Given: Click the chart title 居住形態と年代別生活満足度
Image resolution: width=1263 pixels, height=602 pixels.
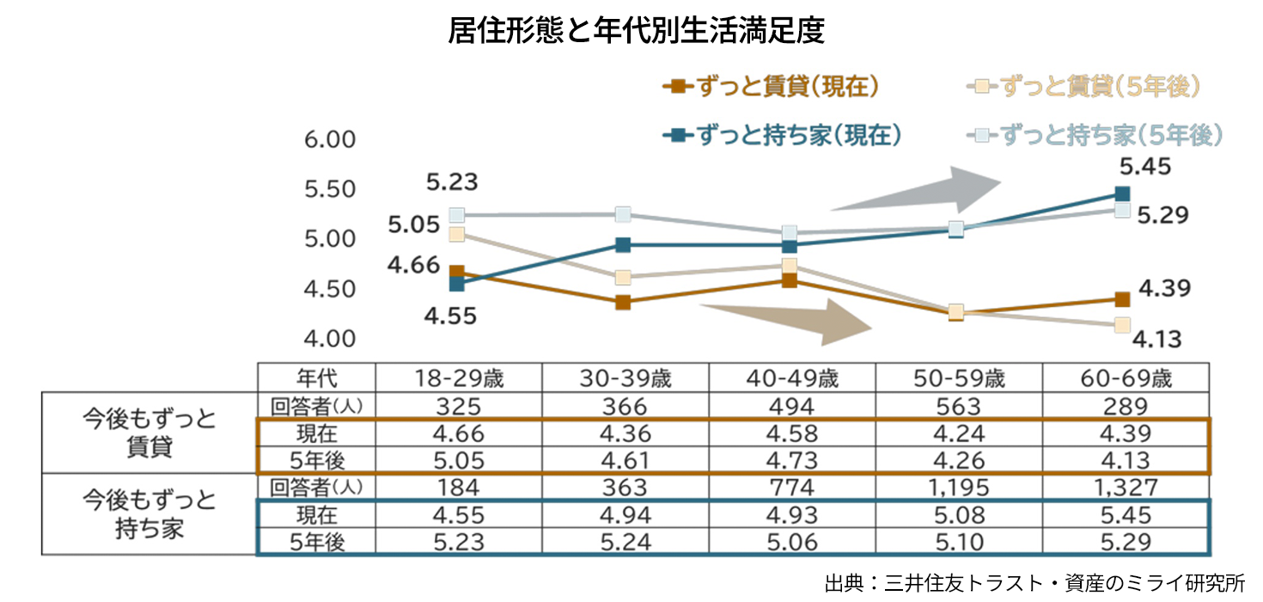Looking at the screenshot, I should (x=636, y=31).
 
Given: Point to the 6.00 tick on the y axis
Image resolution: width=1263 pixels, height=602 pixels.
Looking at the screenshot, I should (x=330, y=139).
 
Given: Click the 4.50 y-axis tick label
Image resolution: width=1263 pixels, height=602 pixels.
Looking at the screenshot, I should (x=330, y=289).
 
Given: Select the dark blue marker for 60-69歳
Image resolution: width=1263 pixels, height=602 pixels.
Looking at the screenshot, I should (x=1121, y=194).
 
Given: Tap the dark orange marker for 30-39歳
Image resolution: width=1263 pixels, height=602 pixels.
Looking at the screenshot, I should (x=623, y=303).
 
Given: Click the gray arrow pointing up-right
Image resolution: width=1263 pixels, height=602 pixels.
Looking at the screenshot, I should (x=919, y=190).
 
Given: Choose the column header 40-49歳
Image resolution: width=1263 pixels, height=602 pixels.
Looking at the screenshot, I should (x=791, y=378).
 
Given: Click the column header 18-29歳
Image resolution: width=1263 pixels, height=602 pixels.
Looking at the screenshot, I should (x=458, y=378).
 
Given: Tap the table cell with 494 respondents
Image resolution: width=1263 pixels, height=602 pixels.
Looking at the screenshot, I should (x=791, y=406).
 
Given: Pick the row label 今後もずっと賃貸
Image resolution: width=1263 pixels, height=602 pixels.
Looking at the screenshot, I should (x=149, y=433).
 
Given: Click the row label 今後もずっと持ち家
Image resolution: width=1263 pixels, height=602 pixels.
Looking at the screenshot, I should (x=149, y=513).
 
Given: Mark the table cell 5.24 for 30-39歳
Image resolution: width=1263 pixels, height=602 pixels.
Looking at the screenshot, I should (x=625, y=542).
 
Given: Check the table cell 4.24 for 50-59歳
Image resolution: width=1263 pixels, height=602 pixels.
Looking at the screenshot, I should (x=958, y=433).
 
